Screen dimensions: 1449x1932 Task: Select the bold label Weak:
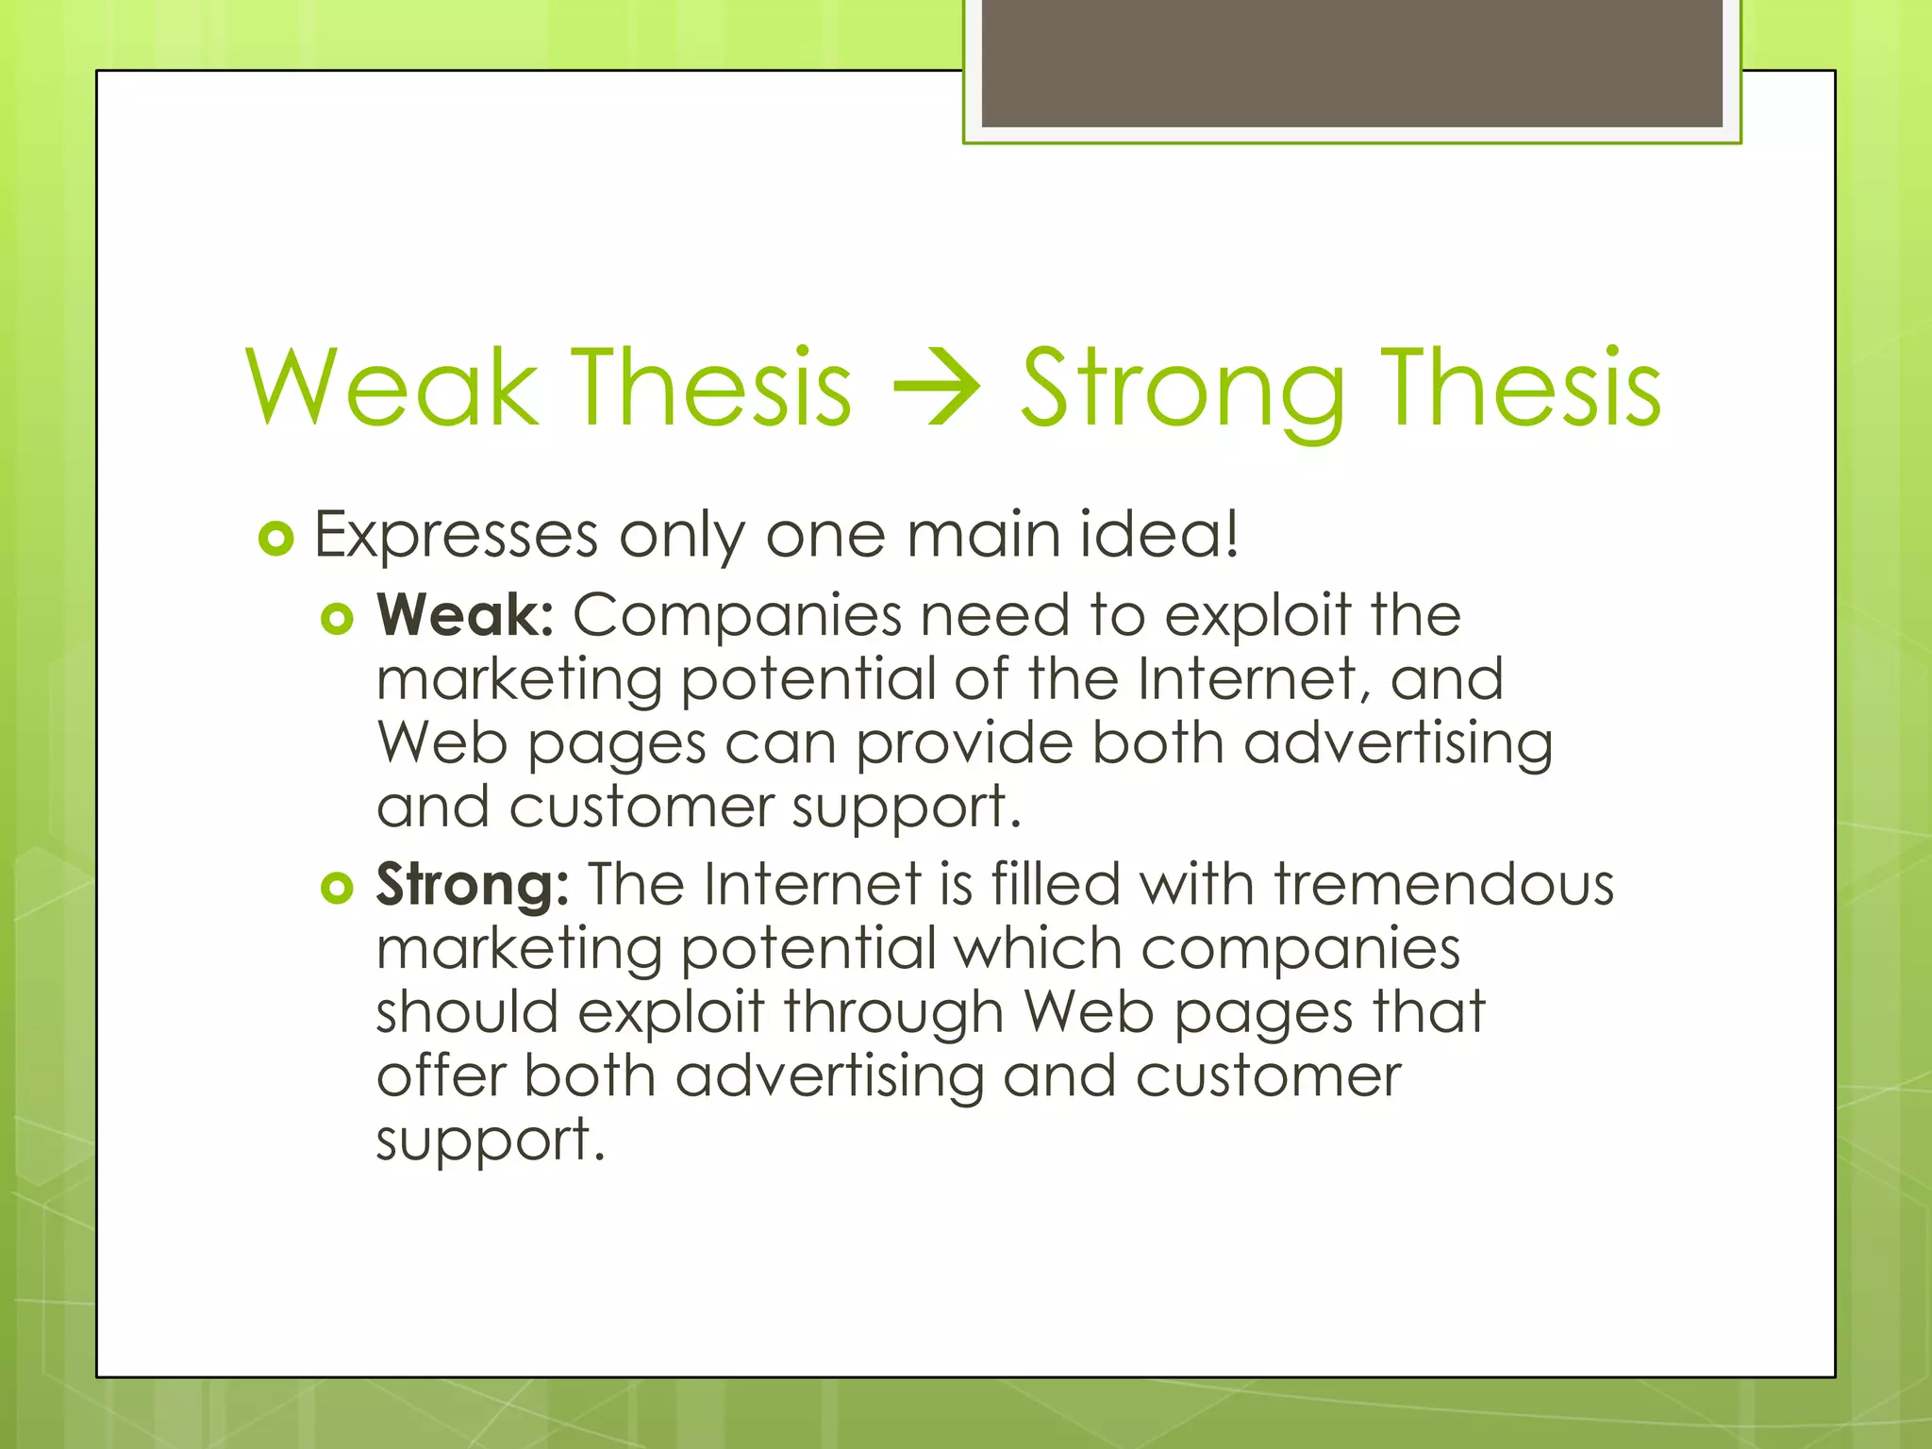pyautogui.click(x=465, y=616)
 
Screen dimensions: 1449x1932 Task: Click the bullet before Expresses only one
pyautogui.click(x=275, y=540)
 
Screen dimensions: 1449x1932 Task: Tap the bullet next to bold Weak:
pyautogui.click(x=337, y=620)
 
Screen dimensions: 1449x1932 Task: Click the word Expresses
pyautogui.click(x=456, y=536)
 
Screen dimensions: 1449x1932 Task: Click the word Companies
pyautogui.click(x=737, y=616)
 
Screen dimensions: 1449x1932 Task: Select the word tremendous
pyautogui.click(x=1443, y=885)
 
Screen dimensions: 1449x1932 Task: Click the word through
pyautogui.click(x=893, y=1013)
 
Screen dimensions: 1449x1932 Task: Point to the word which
pyautogui.click(x=1037, y=948)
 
